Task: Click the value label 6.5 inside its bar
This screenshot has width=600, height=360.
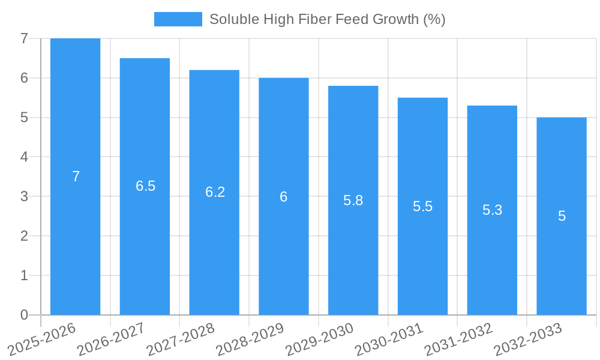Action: pyautogui.click(x=145, y=186)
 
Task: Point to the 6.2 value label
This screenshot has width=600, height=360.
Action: pyautogui.click(x=215, y=192)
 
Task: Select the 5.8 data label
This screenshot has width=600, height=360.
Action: pyautogui.click(x=353, y=200)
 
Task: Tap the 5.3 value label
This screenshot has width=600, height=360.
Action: pyautogui.click(x=492, y=210)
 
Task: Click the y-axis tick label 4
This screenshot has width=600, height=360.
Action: pyautogui.click(x=24, y=157)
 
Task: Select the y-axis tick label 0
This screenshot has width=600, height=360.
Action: pyautogui.click(x=24, y=315)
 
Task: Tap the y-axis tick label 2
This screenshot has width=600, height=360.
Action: pyautogui.click(x=24, y=236)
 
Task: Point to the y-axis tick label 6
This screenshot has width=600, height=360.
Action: pyautogui.click(x=24, y=78)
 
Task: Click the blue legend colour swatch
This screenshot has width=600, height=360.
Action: pyautogui.click(x=178, y=19)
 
